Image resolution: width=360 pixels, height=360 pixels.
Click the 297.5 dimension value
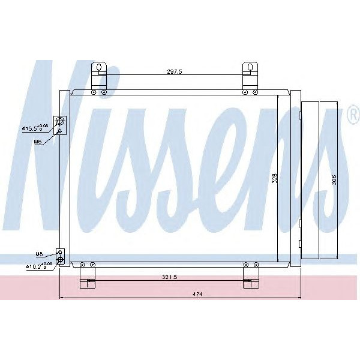[x=174, y=71]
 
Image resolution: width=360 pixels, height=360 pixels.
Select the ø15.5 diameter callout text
[x=31, y=128]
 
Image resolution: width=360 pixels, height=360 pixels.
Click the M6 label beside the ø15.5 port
[x=37, y=142]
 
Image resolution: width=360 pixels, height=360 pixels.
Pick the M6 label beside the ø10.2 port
[x=39, y=254]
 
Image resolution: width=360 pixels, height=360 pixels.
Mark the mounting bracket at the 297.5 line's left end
[x=99, y=75]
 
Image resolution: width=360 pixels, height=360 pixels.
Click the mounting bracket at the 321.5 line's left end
[x=88, y=276]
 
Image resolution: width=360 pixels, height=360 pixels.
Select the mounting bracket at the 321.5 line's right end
[x=251, y=276]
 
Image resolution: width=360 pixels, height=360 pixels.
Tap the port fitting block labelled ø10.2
[x=60, y=257]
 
